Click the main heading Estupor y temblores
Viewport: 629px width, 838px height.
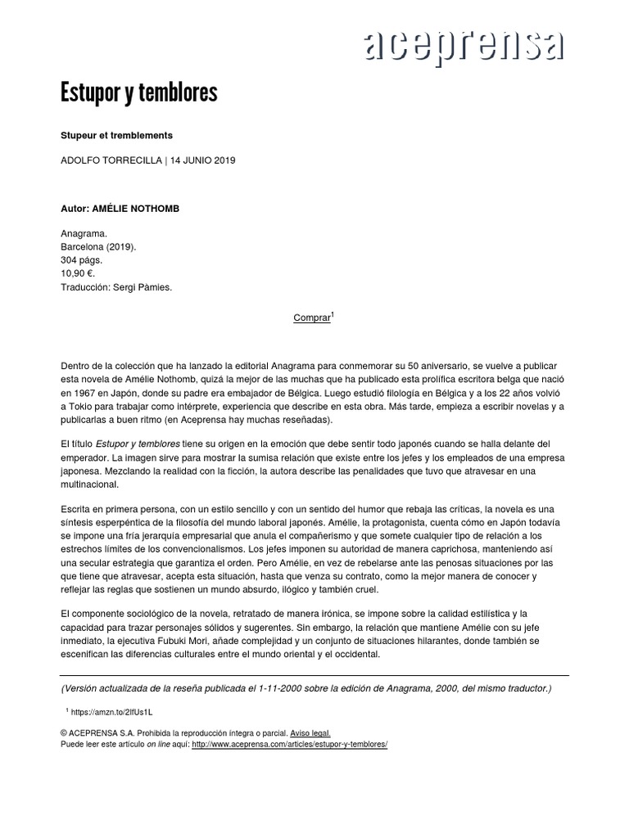[139, 93]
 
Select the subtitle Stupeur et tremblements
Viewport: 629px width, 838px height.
[116, 133]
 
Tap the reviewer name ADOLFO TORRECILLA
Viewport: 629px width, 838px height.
[111, 160]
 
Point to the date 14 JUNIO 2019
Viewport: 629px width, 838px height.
[202, 160]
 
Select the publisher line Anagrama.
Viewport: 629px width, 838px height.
[84, 233]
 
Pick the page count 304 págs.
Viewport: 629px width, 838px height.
[82, 260]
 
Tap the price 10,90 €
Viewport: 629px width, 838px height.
[79, 273]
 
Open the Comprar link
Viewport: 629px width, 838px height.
[311, 318]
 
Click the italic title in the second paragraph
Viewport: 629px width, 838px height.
[138, 443]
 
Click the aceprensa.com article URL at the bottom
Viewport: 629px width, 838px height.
[289, 745]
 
